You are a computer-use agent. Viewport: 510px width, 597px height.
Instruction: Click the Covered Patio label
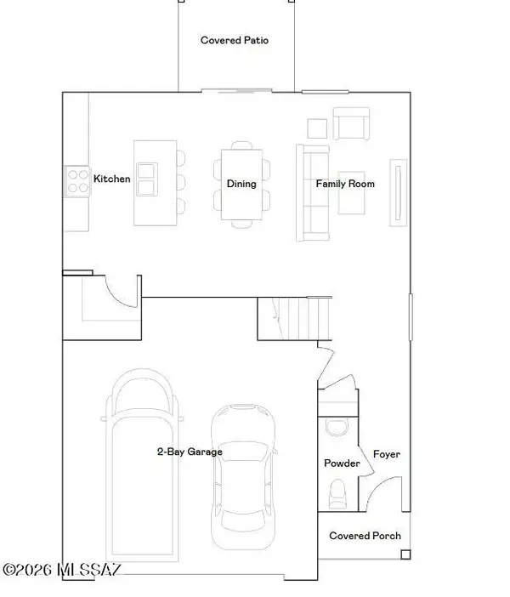click(x=235, y=40)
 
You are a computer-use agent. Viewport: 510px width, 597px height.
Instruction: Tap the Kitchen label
click(x=112, y=179)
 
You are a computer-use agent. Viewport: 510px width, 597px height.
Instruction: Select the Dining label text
click(x=241, y=184)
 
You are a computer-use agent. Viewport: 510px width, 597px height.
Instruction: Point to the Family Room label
click(x=345, y=184)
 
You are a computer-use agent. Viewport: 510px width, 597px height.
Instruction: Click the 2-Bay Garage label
click(x=189, y=452)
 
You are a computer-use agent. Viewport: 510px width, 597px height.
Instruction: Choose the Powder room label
click(x=342, y=463)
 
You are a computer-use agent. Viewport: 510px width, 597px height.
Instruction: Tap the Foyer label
click(x=387, y=454)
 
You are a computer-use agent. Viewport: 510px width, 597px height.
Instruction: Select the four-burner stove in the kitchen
click(x=77, y=179)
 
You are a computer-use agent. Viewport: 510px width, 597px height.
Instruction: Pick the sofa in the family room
click(x=311, y=193)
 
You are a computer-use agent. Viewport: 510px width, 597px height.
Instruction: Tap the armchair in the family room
click(x=350, y=124)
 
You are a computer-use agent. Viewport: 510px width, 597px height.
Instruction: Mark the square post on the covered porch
click(x=405, y=555)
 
